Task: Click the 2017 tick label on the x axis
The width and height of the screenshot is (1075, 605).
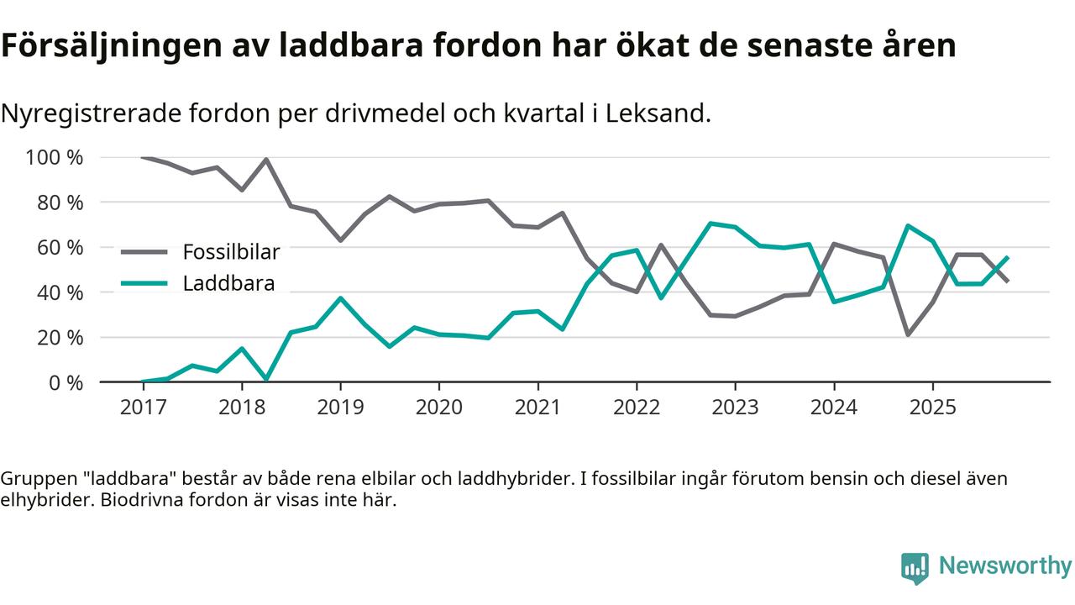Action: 143,408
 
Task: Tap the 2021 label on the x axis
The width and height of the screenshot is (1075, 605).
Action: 537,408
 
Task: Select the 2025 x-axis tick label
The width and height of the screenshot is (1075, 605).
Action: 932,408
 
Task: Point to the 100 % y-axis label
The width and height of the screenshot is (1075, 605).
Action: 55,158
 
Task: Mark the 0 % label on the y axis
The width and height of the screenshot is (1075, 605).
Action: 65,382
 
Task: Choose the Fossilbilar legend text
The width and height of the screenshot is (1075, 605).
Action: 231,251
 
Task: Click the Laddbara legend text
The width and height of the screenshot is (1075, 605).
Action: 228,283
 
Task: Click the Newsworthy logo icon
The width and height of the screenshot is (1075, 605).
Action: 915,567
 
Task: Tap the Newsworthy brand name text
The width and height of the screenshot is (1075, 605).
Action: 1004,566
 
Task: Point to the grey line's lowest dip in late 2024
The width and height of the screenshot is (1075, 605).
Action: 908,334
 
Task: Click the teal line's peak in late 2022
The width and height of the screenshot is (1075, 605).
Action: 711,224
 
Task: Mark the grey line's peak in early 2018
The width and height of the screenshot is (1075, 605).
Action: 266,160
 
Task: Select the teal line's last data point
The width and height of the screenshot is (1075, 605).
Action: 1007,258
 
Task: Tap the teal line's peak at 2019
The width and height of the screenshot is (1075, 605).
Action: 340,298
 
